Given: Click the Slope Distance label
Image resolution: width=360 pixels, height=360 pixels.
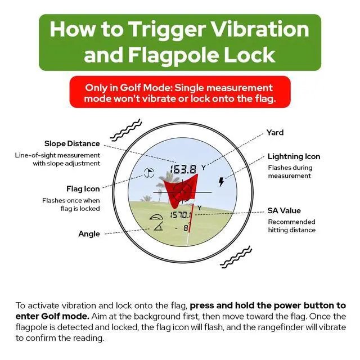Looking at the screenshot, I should pyautogui.click(x=72, y=144).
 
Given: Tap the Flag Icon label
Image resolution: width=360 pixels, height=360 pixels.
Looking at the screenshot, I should pyautogui.click(x=83, y=189).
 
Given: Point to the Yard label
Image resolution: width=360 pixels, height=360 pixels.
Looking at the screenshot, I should pyautogui.click(x=275, y=133).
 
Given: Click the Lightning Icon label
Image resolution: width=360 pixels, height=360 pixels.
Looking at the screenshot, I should pyautogui.click(x=294, y=156).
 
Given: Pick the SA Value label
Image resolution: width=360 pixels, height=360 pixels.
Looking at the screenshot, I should pyautogui.click(x=284, y=211).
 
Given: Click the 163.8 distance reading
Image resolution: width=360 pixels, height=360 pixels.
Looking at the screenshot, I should pyautogui.click(x=184, y=169).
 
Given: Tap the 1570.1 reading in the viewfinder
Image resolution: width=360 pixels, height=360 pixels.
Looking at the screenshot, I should pyautogui.click(x=182, y=215).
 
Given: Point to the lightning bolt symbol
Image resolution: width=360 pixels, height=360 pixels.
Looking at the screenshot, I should pyautogui.click(x=221, y=182).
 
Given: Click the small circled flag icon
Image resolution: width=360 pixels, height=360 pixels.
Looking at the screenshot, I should pyautogui.click(x=148, y=174).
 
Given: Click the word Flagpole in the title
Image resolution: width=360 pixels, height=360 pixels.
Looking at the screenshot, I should pyautogui.click(x=172, y=55).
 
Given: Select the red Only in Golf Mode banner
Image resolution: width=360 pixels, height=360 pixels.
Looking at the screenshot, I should pyautogui.click(x=179, y=93).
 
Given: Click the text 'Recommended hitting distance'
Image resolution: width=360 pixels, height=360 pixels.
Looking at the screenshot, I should pyautogui.click(x=291, y=226).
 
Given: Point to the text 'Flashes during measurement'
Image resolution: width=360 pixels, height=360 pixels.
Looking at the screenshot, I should pyautogui.click(x=290, y=172).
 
